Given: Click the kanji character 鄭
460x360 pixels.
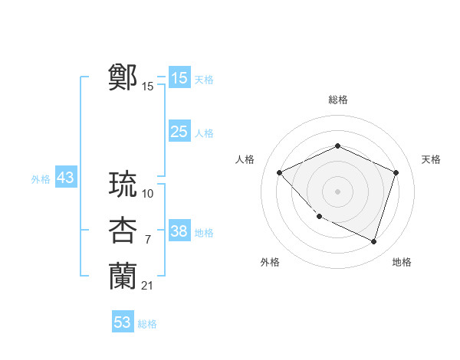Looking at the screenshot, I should coord(123,77).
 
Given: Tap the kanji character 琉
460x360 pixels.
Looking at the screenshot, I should coord(123,185).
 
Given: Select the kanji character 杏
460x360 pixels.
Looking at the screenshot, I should coord(123,231).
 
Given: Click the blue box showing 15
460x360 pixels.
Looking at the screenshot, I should coord(179,78).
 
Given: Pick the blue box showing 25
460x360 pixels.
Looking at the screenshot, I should coord(179,132).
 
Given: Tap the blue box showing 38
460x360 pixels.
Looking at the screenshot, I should coord(179,231).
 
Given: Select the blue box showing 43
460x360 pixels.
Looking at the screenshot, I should coord(65,178).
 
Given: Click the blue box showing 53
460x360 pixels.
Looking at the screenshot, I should coord(123,322).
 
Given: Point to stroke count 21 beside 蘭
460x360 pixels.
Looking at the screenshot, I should coord(147,286).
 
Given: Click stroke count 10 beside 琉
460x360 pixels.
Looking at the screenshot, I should coord(148,194).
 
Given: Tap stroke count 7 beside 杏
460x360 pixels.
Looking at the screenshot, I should coord(148,240).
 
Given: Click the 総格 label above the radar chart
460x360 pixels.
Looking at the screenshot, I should coord(337,100).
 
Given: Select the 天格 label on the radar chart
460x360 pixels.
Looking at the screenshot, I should coord(431,159).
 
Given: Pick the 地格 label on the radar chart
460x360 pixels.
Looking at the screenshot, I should coord(402,263).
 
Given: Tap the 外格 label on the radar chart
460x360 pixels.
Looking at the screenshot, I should coord(270,263).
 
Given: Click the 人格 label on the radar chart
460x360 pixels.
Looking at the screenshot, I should coord(245,159).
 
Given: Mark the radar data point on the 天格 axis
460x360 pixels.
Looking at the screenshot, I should coord(396,172).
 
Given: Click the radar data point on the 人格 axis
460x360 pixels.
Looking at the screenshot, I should coord(280,172).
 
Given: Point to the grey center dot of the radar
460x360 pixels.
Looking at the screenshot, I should coord(337,191).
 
